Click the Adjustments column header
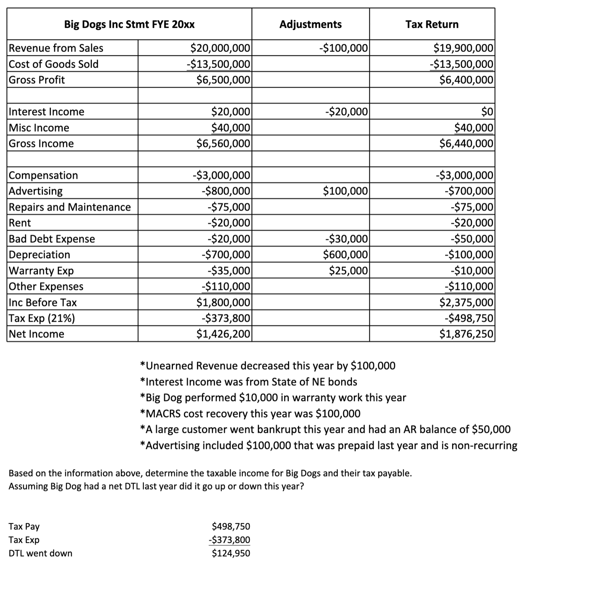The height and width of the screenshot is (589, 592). tap(310, 24)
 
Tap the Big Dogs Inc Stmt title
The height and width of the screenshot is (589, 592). tap(129, 24)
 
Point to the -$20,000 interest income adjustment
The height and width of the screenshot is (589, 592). tap(346, 111)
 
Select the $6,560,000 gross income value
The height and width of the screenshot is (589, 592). tap(223, 143)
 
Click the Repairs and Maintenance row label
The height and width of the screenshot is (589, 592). tap(70, 207)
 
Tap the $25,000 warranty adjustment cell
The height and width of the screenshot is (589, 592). tap(348, 270)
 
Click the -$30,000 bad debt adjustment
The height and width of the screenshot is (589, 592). tap(346, 239)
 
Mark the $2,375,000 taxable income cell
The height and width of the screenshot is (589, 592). tap(466, 302)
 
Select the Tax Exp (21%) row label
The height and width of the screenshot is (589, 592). tap(42, 318)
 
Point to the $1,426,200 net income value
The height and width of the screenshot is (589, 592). tap(223, 334)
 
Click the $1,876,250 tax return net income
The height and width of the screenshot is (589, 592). tap(466, 334)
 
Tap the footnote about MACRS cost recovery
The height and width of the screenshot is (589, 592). tap(250, 414)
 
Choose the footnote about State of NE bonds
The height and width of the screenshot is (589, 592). tap(249, 382)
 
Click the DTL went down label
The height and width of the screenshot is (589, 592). tap(41, 553)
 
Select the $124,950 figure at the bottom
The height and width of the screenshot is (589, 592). tap(231, 553)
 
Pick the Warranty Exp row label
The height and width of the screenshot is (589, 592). tap(41, 270)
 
